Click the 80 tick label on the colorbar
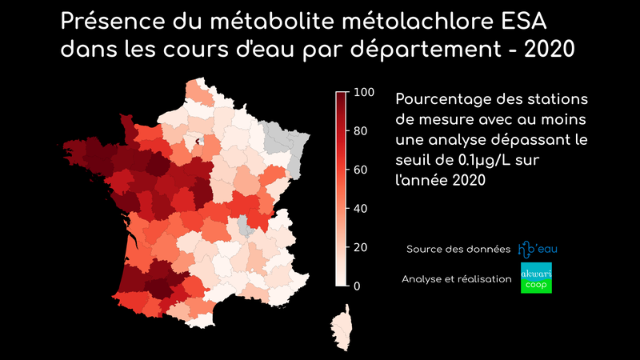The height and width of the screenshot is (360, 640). (x=361, y=130)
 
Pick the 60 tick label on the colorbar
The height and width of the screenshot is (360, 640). (x=361, y=170)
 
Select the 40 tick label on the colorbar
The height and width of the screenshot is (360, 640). (x=361, y=208)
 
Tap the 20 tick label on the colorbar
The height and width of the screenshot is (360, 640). (x=361, y=247)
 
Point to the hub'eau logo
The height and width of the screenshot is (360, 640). (x=538, y=249)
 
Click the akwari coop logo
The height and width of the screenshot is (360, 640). (x=536, y=278)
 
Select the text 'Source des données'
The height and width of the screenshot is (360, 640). (x=458, y=250)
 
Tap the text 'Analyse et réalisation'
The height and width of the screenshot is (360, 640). (x=456, y=278)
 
